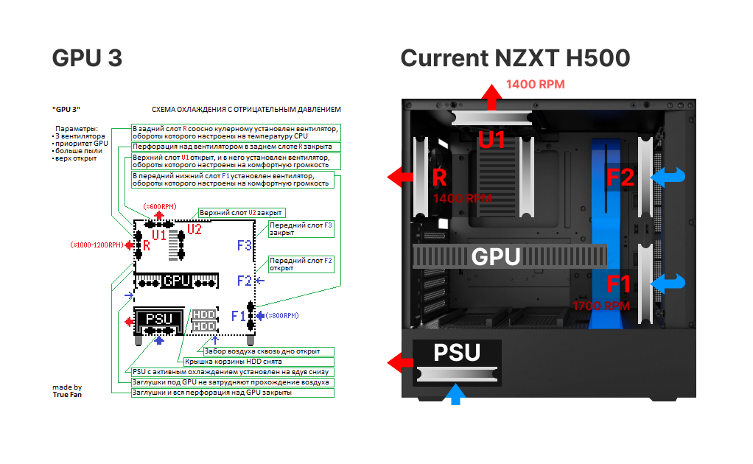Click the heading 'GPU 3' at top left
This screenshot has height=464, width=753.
pos(87,59)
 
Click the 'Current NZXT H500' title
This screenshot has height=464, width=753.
pos(515,59)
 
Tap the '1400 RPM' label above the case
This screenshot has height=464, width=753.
pos(535,85)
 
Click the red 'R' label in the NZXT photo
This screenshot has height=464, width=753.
pos(440,177)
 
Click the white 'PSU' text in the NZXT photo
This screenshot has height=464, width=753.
pos(457,353)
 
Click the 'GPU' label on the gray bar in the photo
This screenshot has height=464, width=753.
pos(495,257)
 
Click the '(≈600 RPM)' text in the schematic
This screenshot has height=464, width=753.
pos(160,206)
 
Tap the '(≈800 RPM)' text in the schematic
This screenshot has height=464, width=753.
pos(282,316)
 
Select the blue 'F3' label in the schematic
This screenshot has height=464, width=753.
pos(244,245)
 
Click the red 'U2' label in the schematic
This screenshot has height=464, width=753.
pos(195,229)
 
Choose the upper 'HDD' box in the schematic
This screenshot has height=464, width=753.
pos(204,314)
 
